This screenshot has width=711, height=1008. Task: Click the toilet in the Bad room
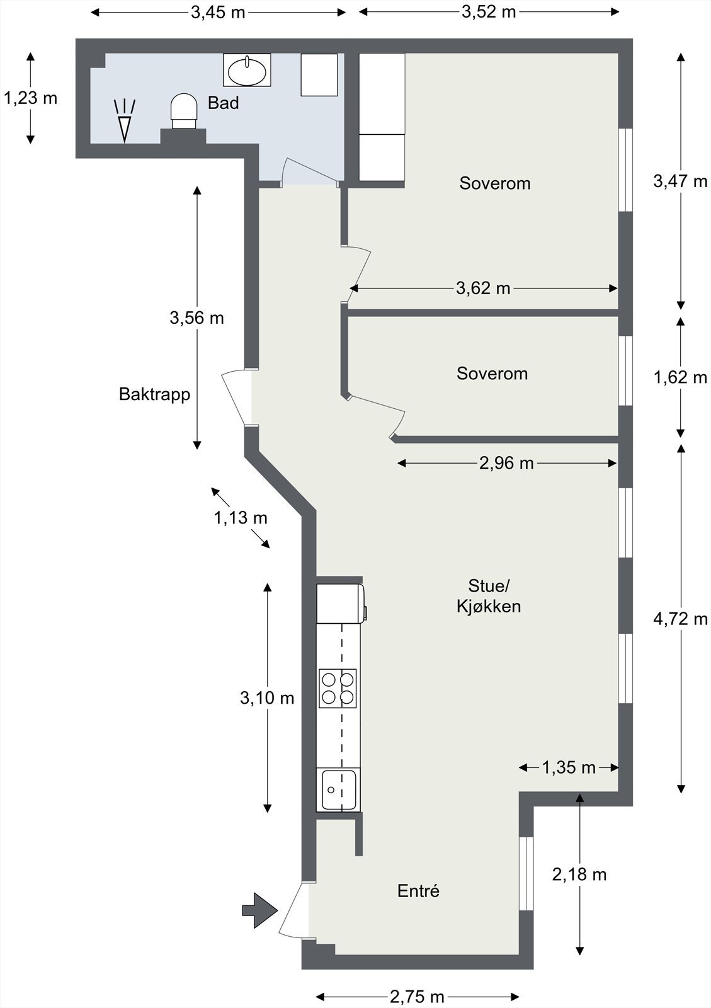click(x=184, y=111)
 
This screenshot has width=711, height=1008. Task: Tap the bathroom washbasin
click(x=247, y=70)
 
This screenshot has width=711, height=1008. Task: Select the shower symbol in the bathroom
click(x=125, y=120)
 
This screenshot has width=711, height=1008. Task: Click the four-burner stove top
click(x=338, y=688)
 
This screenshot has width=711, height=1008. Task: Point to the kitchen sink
click(x=338, y=789)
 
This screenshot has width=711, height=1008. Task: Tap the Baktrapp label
click(x=154, y=394)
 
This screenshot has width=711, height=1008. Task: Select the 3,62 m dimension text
click(x=483, y=289)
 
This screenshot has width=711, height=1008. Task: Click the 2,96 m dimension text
click(x=506, y=464)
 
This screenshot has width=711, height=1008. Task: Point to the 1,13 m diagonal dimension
click(x=241, y=518)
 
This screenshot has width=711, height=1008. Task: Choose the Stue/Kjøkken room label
click(x=489, y=596)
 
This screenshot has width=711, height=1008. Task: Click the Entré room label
click(x=418, y=891)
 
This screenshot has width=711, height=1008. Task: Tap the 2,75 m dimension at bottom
click(x=417, y=997)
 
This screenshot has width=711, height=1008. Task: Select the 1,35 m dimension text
click(x=569, y=767)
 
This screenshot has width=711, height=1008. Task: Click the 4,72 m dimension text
click(x=680, y=619)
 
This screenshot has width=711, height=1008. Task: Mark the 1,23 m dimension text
click(x=30, y=98)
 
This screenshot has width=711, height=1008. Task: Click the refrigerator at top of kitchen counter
click(x=339, y=604)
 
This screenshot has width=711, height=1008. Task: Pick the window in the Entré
click(x=526, y=873)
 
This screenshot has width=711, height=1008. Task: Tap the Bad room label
click(x=224, y=103)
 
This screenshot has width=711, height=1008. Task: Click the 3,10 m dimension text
click(x=267, y=698)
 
